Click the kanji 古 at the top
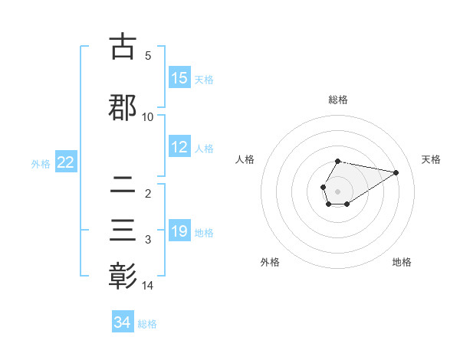point(123,47)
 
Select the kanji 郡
point(123,106)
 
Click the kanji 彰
point(123,275)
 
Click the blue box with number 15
point(179,78)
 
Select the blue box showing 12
point(179,148)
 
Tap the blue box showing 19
point(179,231)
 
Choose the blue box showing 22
point(65,162)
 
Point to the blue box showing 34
point(122,322)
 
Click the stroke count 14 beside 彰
point(148,286)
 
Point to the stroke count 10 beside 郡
point(148,117)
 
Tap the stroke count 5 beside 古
point(148,56)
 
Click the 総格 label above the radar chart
point(337,100)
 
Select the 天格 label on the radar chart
point(431,159)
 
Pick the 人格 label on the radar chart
point(245,159)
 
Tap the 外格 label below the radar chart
point(270,262)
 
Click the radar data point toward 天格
point(396,172)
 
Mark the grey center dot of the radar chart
point(337,191)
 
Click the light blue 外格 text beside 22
point(41,163)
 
